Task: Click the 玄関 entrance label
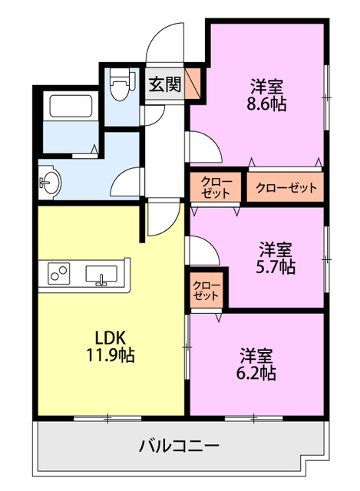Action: pyautogui.click(x=165, y=84)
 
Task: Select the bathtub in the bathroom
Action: pyautogui.click(x=71, y=106)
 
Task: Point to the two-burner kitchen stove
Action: pyautogui.click(x=59, y=273)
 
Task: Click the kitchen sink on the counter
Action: pyautogui.click(x=101, y=275)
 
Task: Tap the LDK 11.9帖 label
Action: pyautogui.click(x=111, y=347)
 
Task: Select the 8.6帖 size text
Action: pyautogui.click(x=266, y=104)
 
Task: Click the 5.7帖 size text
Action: pyautogui.click(x=276, y=267)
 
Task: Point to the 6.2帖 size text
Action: pyautogui.click(x=256, y=373)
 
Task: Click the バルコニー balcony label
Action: pyautogui.click(x=179, y=447)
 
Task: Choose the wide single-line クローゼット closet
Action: pyautogui.click(x=285, y=187)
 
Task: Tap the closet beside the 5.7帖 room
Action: pyautogui.click(x=206, y=290)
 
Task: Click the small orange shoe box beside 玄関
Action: pyautogui.click(x=193, y=84)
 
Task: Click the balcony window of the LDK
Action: pyautogui.click(x=107, y=418)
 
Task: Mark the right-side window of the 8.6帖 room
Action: pyautogui.click(x=326, y=97)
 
